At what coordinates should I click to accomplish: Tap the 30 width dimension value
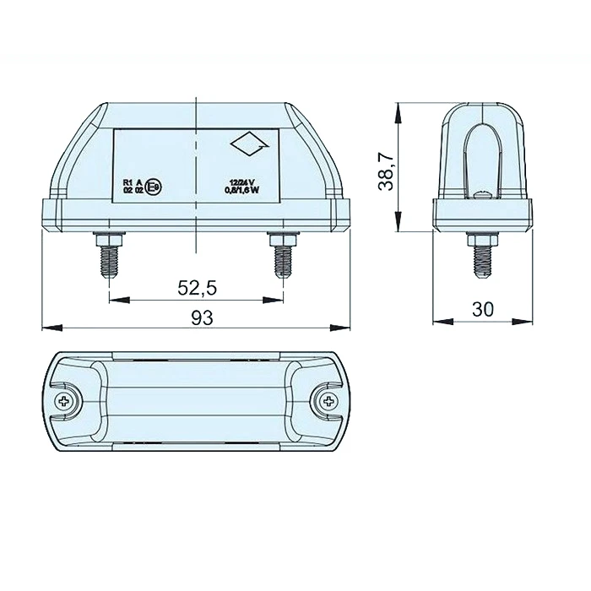pos(482,310)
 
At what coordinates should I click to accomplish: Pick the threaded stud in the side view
pos(482,253)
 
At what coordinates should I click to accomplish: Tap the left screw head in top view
pos(65,403)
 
